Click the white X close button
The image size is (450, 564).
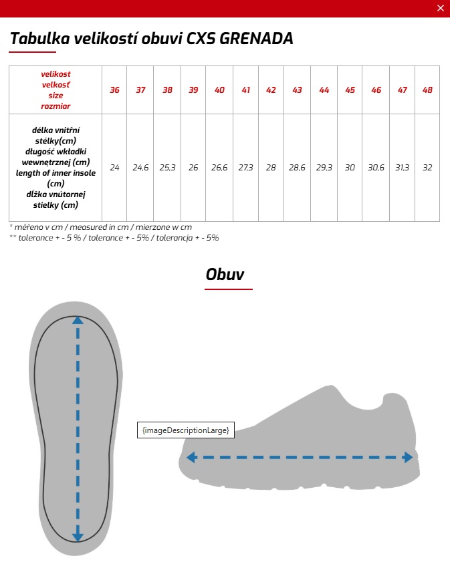click(x=440, y=8)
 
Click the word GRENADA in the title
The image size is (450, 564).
click(x=257, y=38)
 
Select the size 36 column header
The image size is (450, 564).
click(x=114, y=90)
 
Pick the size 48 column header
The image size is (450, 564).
click(x=427, y=90)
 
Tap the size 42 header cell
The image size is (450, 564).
click(x=271, y=90)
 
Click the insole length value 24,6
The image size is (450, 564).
click(x=140, y=168)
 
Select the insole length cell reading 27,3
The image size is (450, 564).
click(x=245, y=168)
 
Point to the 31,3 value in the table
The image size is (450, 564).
click(x=402, y=168)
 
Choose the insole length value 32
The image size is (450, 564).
click(x=427, y=168)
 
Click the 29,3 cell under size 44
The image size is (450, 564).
click(x=324, y=168)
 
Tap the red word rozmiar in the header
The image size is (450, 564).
click(x=55, y=106)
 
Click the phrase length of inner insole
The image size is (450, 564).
click(x=55, y=172)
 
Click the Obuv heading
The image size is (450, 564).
click(x=225, y=274)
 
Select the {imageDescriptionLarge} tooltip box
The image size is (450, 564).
click(x=185, y=430)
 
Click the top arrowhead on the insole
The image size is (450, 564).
click(x=78, y=321)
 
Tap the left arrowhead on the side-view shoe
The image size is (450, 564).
click(x=191, y=458)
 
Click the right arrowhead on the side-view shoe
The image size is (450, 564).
click(x=407, y=458)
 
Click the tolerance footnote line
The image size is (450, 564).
click(x=114, y=237)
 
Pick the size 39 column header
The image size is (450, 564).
click(x=193, y=90)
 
